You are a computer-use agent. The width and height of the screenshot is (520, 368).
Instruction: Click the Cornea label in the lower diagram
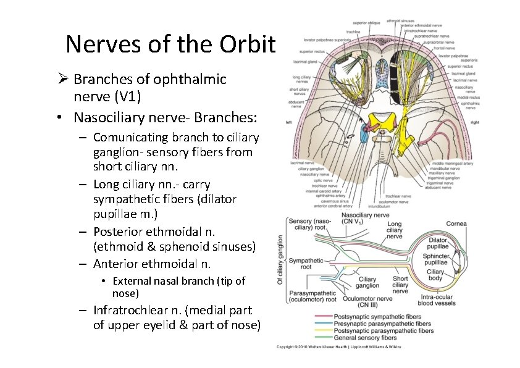pos(456,224)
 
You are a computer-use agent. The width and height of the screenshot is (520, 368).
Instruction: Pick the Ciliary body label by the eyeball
pos(435,275)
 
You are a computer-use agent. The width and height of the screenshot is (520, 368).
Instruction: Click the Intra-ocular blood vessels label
pos(436,300)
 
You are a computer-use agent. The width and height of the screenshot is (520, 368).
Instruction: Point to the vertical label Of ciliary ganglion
pos(281,259)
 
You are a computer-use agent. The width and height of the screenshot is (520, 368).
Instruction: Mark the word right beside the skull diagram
pos(474,123)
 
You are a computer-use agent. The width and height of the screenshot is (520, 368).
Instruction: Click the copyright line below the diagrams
pos(338,347)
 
